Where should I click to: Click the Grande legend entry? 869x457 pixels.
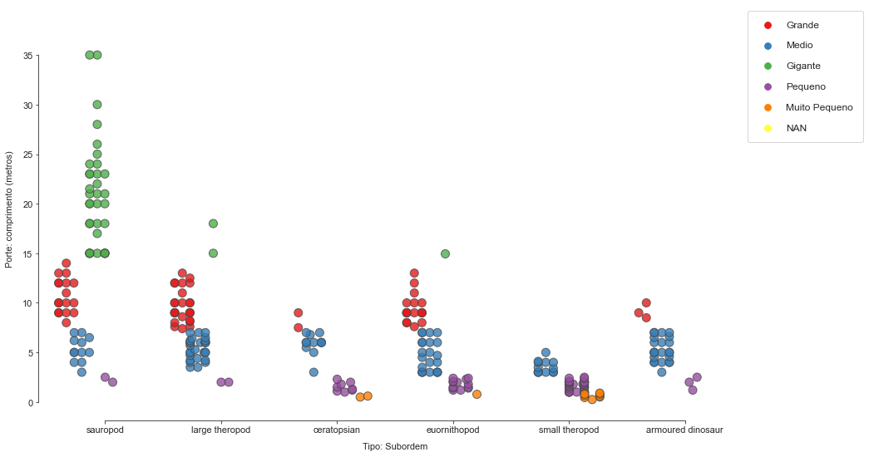(x=802, y=25)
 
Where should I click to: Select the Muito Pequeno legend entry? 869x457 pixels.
(x=819, y=107)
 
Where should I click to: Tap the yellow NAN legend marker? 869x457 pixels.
(x=768, y=128)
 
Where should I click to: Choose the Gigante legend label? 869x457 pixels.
(x=803, y=66)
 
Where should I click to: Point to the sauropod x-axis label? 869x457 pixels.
(x=106, y=430)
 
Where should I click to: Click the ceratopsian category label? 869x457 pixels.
(x=337, y=430)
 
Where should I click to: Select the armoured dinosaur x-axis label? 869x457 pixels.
(x=684, y=430)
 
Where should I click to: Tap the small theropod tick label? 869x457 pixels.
(x=569, y=430)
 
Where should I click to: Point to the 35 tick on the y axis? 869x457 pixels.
(x=28, y=56)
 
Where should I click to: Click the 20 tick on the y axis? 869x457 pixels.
(x=28, y=204)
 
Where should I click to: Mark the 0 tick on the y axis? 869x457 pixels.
(x=31, y=403)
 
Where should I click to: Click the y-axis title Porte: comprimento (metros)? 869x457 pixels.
(x=9, y=209)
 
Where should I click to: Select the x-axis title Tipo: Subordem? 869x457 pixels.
(x=395, y=446)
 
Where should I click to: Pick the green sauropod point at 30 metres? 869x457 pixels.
(x=97, y=105)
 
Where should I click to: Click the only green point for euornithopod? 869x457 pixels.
(x=445, y=253)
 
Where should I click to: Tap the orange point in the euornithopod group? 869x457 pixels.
(x=476, y=394)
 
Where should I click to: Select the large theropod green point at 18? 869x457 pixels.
(x=213, y=224)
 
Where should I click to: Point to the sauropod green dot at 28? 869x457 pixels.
(x=97, y=125)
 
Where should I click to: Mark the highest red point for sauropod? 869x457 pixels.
(x=67, y=263)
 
